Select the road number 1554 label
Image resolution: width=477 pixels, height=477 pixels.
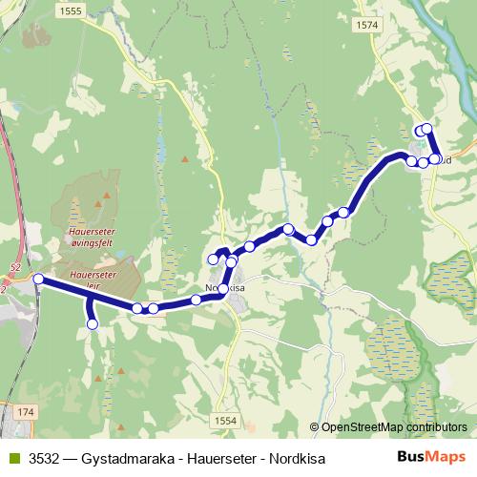pos(225,419)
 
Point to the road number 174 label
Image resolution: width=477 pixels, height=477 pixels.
pos(25,411)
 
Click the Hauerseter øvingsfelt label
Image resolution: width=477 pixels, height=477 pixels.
pos(92,236)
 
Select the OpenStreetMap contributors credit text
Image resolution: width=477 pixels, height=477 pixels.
pos(388,427)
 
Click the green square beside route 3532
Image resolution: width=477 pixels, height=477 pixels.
pos(12,459)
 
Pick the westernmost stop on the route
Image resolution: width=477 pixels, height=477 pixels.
pos(38,279)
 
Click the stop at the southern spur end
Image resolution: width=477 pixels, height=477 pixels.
pos(93,324)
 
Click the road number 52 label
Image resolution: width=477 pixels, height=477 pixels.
pos(15,269)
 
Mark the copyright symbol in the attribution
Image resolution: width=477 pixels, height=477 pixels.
pos(315,427)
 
